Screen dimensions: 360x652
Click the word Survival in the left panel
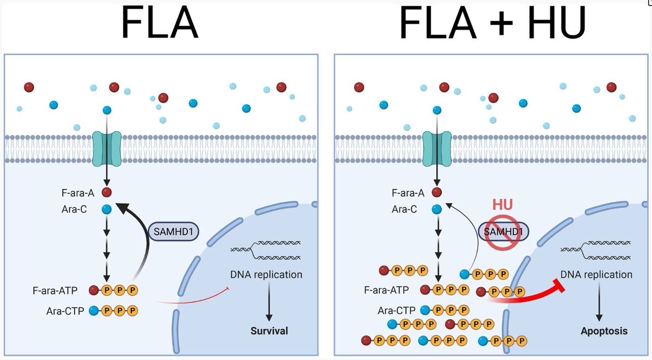[x=269, y=331]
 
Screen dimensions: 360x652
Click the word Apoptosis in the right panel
[x=604, y=331]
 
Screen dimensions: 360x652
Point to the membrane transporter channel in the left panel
[x=106, y=148]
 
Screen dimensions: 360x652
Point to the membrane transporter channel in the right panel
[x=437, y=148]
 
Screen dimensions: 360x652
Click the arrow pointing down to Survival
[x=268, y=302]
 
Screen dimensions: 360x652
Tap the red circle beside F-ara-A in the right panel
[x=437, y=192]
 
